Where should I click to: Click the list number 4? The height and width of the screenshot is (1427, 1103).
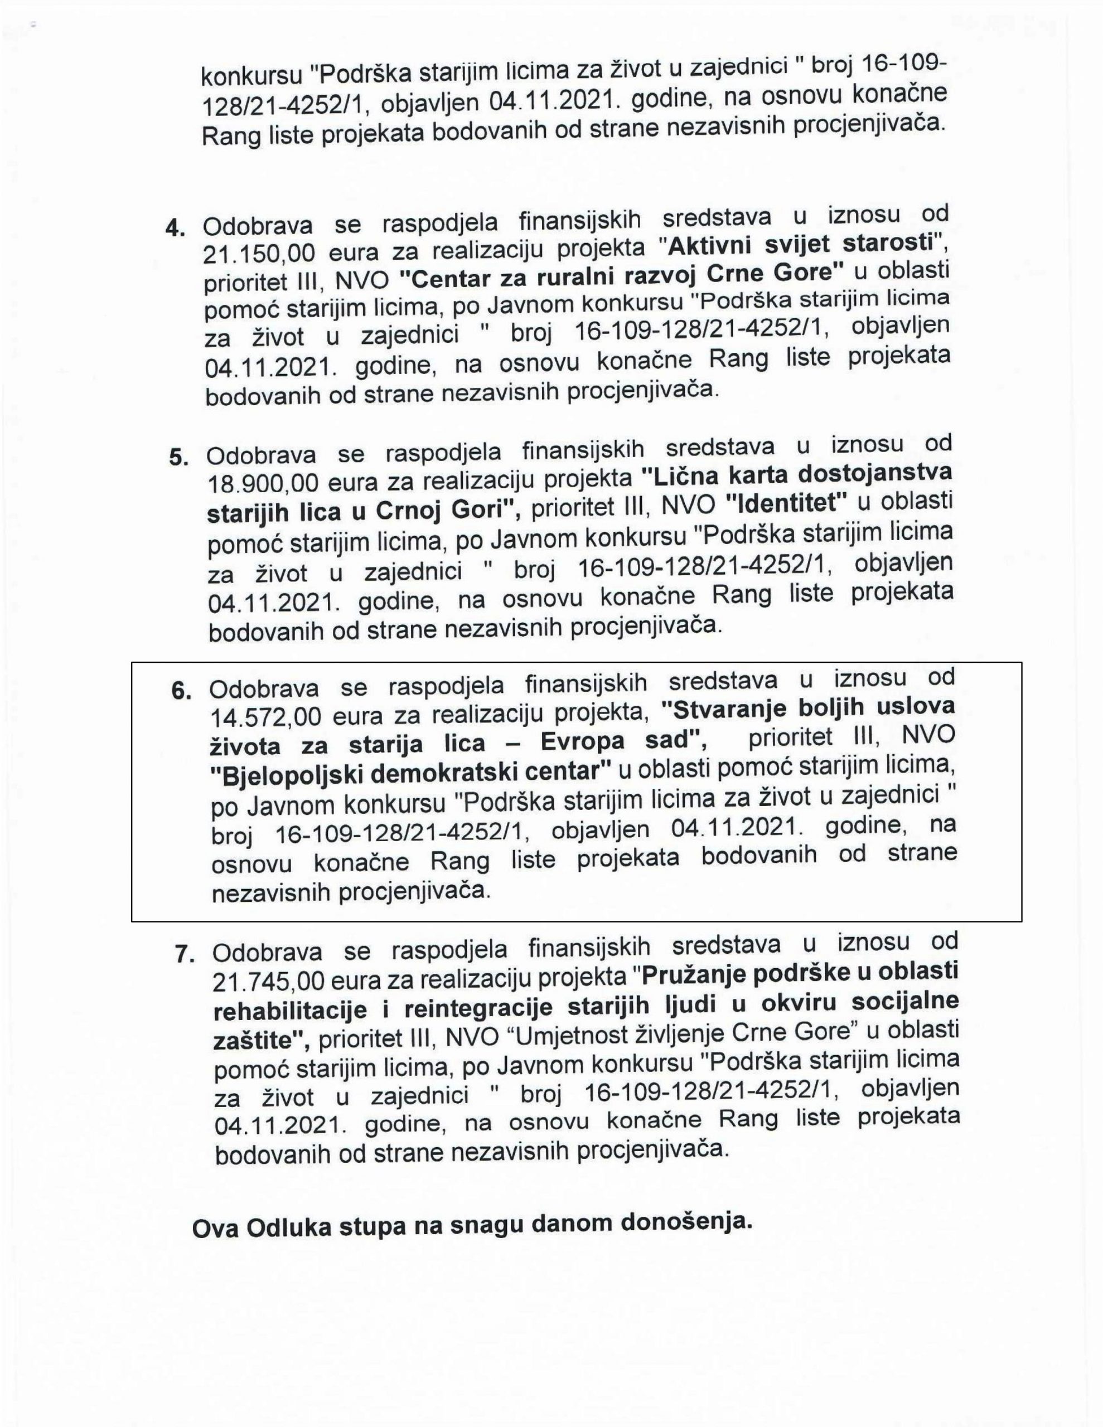click(x=175, y=227)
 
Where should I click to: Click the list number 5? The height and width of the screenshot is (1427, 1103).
click(x=178, y=457)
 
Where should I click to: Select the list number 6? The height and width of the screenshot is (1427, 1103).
click(x=181, y=691)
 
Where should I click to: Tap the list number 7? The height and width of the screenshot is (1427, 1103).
click(x=185, y=954)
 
